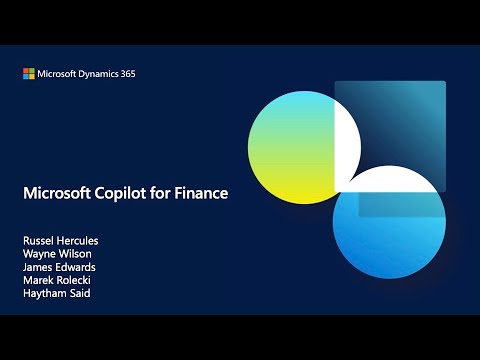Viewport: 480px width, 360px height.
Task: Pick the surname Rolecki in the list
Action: coord(74,281)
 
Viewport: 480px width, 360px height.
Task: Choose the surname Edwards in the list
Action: coord(76,268)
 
